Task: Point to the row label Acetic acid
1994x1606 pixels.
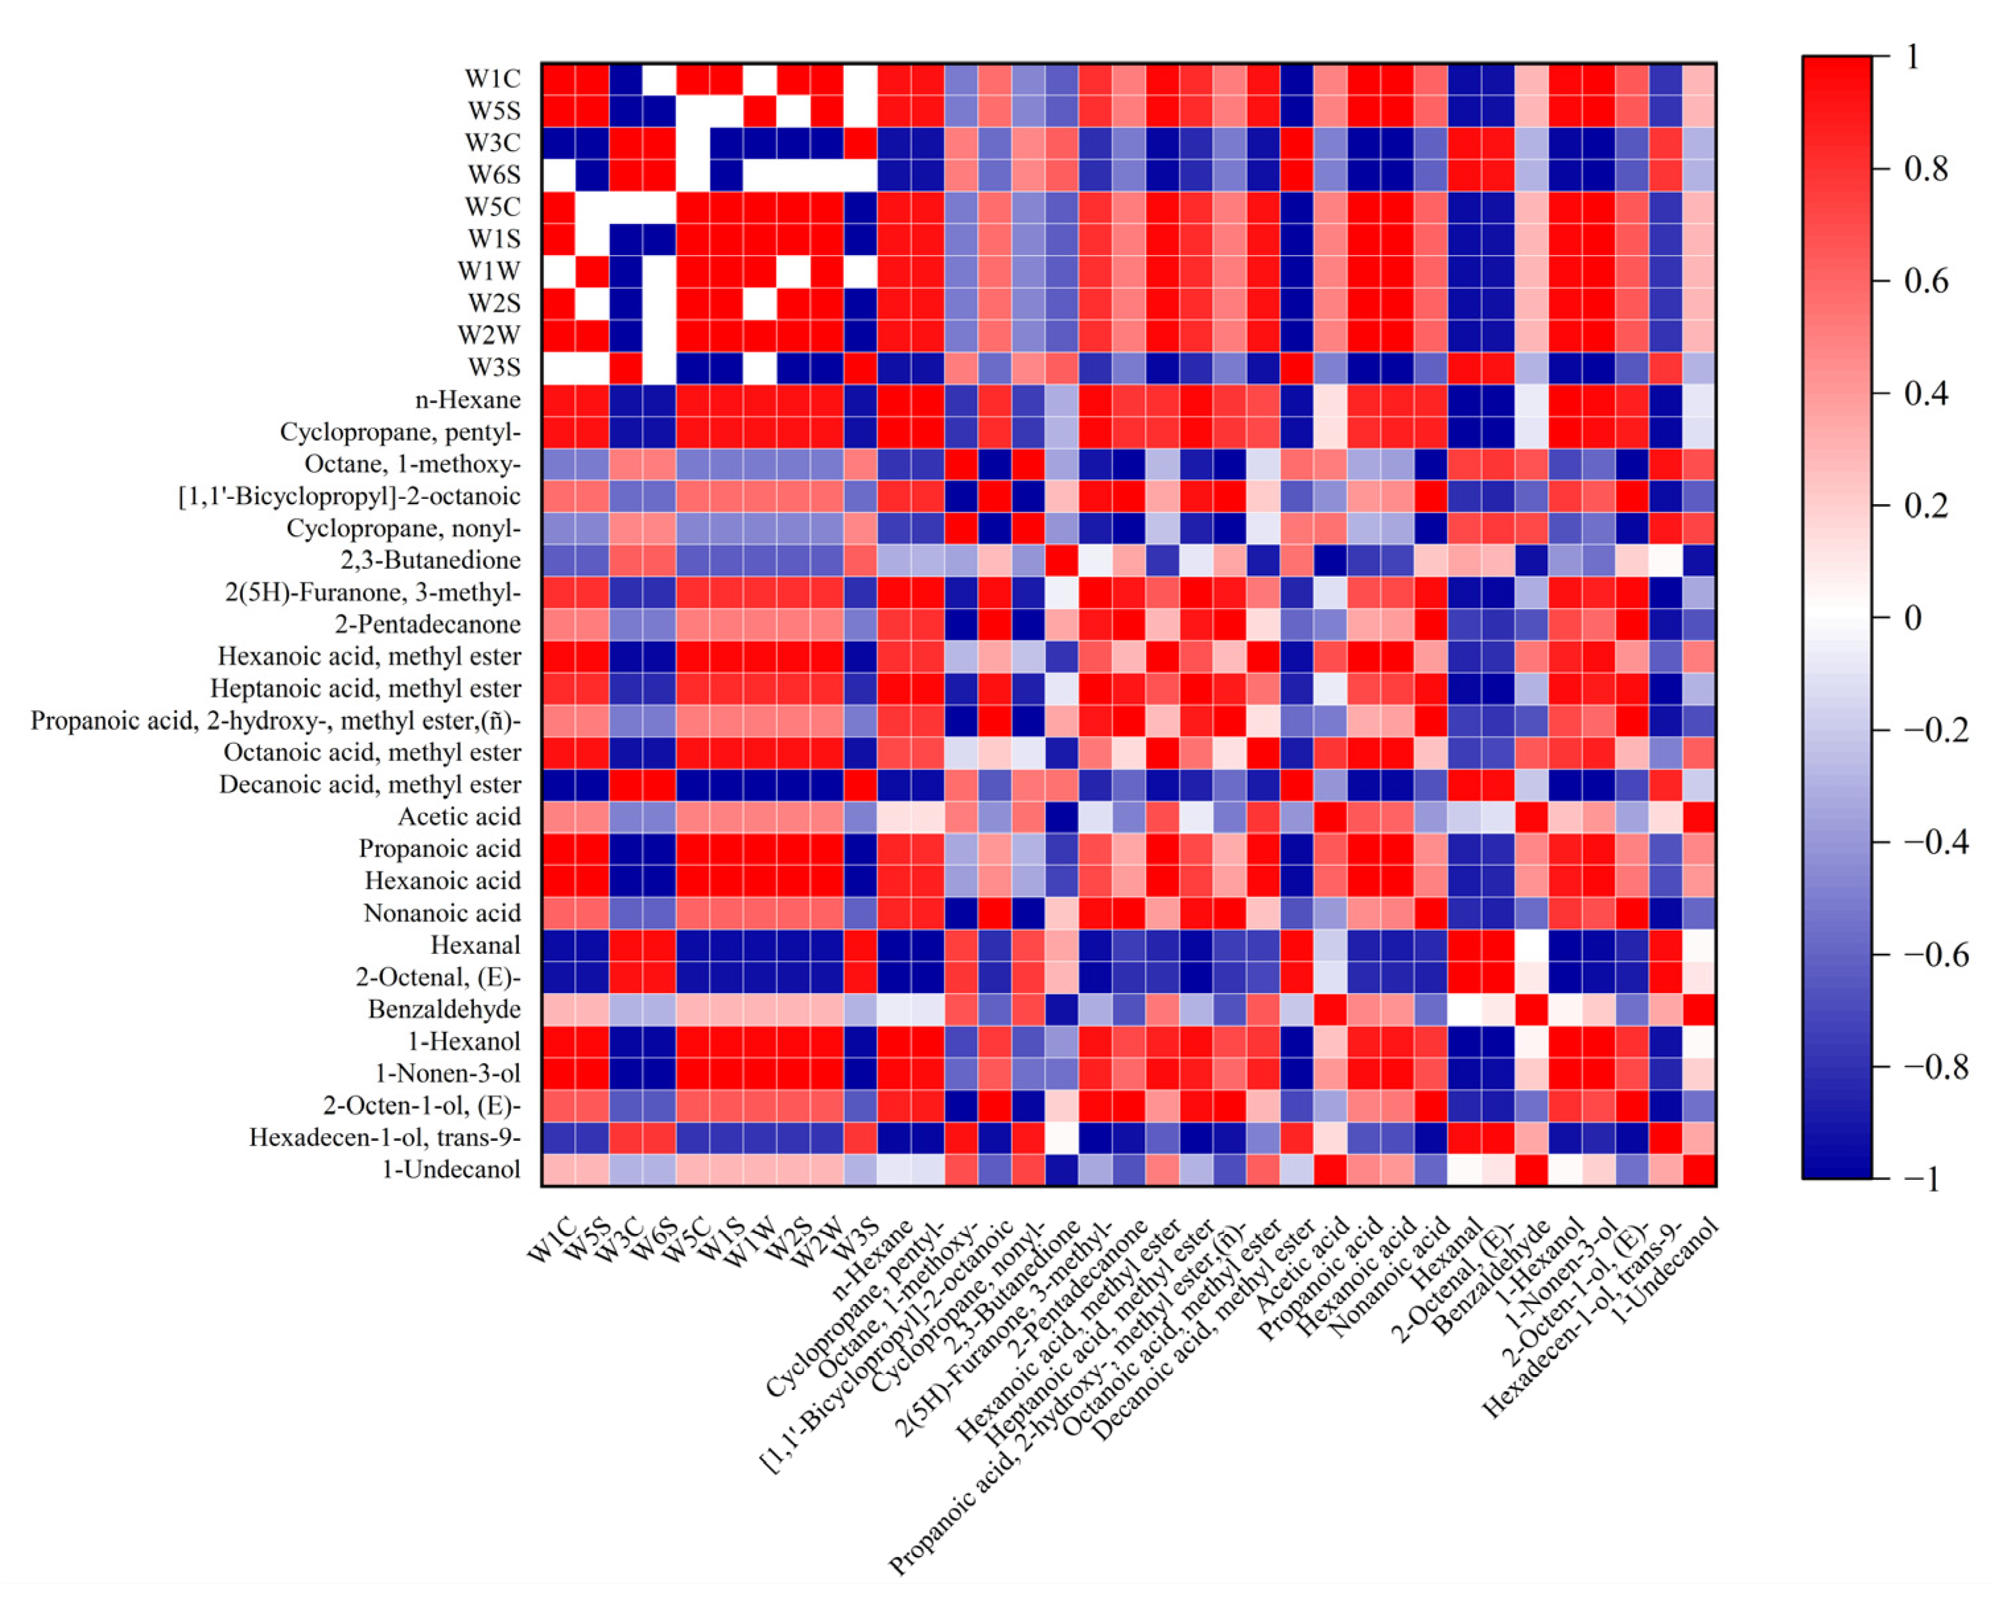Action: (459, 817)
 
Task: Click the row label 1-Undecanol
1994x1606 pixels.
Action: (452, 1169)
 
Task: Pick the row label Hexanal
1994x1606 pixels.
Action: (475, 945)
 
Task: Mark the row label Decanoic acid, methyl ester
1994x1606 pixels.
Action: (370, 784)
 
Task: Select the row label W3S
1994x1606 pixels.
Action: (494, 367)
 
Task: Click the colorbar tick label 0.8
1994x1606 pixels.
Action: (1925, 169)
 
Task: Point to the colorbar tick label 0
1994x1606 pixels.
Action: (1913, 618)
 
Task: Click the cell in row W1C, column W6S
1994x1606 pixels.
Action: (660, 79)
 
